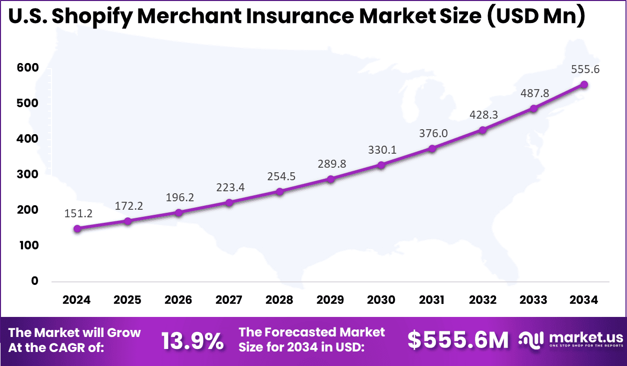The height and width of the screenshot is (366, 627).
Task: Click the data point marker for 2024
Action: pyautogui.click(x=77, y=229)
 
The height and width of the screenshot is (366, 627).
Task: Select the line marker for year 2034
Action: pyautogui.click(x=583, y=85)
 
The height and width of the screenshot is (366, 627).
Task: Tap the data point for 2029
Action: pyautogui.click(x=330, y=179)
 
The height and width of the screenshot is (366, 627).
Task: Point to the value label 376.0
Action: pyautogui.click(x=431, y=133)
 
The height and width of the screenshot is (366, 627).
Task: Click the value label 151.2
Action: pyautogui.click(x=77, y=213)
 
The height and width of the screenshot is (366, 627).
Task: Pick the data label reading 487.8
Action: pyautogui.click(x=533, y=93)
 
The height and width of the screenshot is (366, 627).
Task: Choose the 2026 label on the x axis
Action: pyautogui.click(x=178, y=300)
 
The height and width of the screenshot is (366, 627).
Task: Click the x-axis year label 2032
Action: pyautogui.click(x=482, y=300)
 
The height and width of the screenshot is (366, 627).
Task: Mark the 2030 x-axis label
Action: pyautogui.click(x=381, y=300)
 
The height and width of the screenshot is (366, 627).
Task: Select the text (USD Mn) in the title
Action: pyautogui.click(x=536, y=17)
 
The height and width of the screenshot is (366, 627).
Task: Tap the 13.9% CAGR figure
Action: pyautogui.click(x=192, y=340)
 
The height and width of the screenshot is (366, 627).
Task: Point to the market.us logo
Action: pyautogui.click(x=570, y=339)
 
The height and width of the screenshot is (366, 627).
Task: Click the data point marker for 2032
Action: pyautogui.click(x=482, y=130)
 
